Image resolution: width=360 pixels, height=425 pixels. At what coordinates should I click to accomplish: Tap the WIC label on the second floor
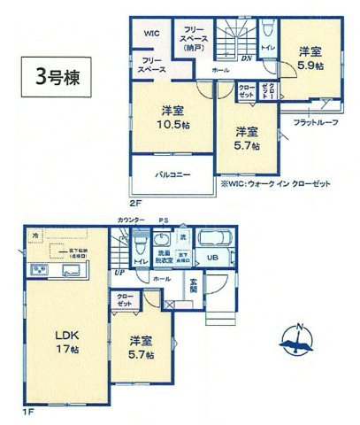coord(151,32)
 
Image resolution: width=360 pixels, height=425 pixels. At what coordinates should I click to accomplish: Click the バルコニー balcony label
coord(174,175)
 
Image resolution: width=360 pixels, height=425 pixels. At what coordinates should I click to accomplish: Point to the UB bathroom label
coord(212,258)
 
